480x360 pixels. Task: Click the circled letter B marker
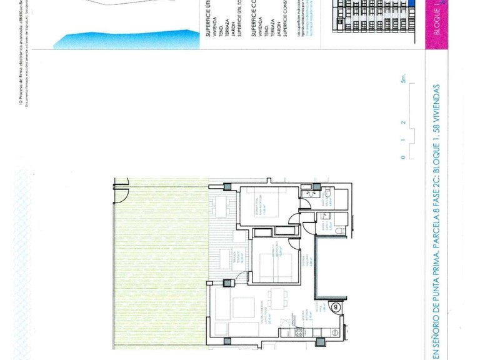335,307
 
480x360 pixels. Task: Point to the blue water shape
125,39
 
